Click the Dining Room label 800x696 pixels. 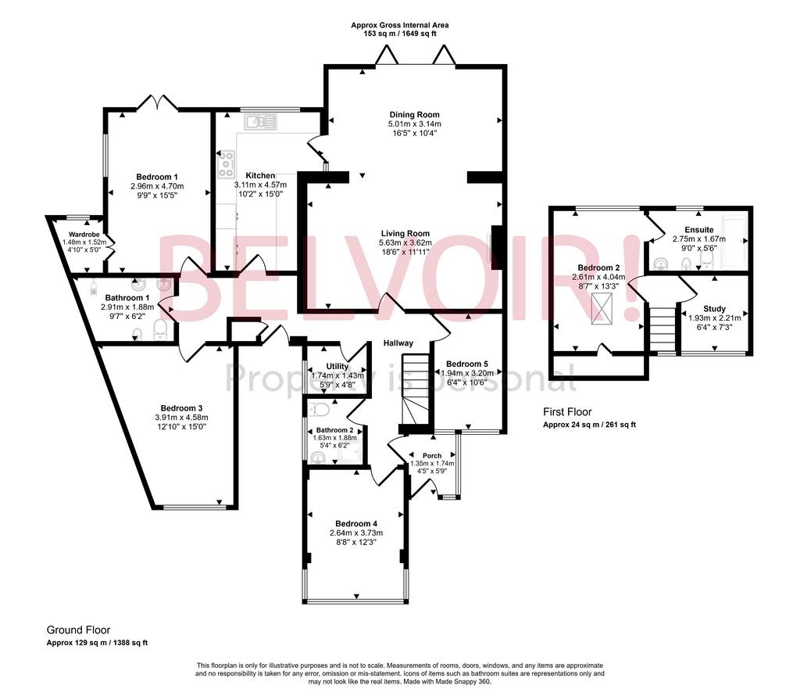point(414,115)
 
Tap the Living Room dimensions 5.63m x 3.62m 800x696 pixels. point(405,242)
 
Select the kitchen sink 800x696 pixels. point(259,122)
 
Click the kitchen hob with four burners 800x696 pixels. point(226,164)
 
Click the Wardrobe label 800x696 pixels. point(85,235)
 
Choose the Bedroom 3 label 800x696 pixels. point(181,408)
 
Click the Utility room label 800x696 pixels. point(337,366)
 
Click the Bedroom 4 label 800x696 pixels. point(356,523)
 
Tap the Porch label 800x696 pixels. point(432,455)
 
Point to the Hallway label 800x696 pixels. point(398,343)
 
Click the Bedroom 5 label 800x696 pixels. point(467,364)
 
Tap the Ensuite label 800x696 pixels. point(699,230)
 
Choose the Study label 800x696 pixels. point(714,309)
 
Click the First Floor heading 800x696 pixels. point(567,412)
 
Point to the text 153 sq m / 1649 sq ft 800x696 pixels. point(399,34)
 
